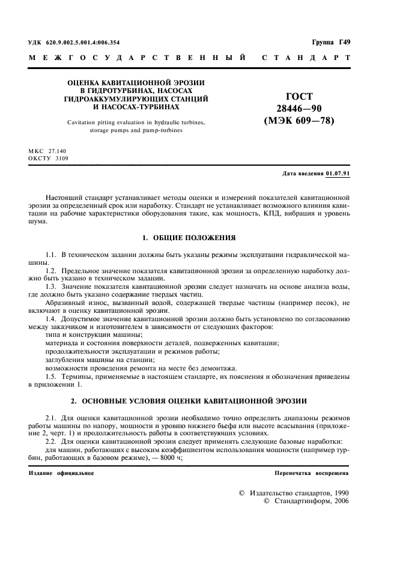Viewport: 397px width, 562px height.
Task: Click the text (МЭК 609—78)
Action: point(299,121)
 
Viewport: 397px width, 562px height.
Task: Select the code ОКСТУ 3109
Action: point(49,159)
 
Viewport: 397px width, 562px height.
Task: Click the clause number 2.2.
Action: point(50,441)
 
